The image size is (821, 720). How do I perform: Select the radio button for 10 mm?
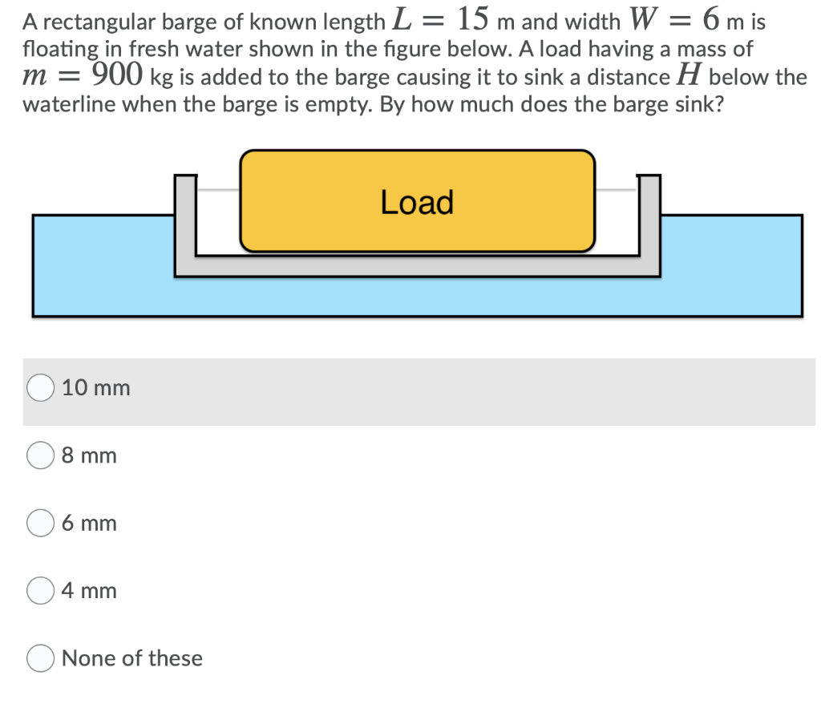coord(40,388)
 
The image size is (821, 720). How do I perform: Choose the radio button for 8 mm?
coord(40,455)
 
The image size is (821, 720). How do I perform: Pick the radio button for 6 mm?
coord(40,523)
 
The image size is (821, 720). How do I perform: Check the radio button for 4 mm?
coord(40,591)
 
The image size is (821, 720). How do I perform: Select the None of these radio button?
coord(40,658)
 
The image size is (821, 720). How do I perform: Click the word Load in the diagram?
coord(417,202)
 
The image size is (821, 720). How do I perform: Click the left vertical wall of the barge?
coord(186,220)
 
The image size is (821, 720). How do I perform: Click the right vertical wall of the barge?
coord(649,220)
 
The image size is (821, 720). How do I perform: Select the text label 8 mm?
coord(89,455)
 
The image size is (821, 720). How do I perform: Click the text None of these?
coord(131,658)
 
